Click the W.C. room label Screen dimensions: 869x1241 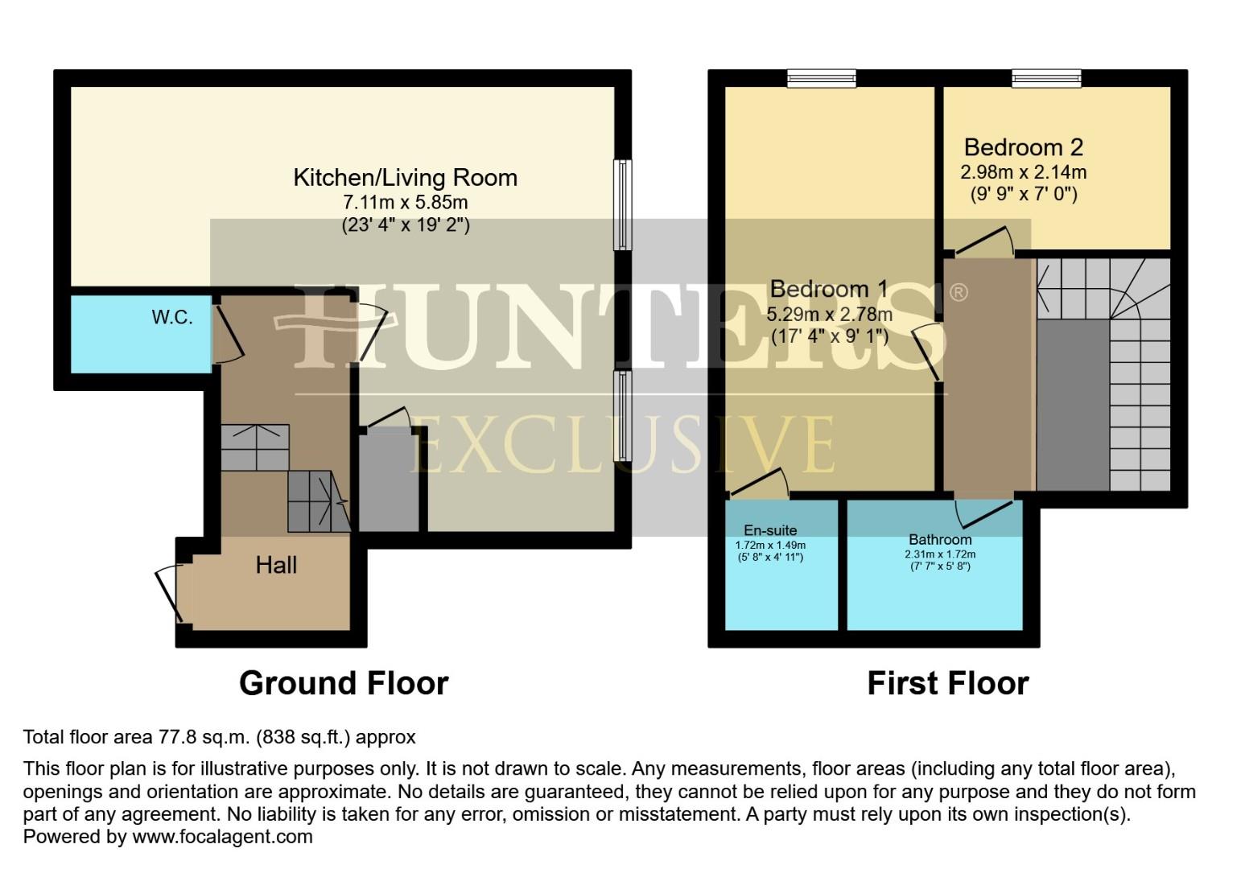(172, 317)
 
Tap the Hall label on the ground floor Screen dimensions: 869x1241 (276, 565)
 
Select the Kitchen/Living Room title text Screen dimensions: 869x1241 (405, 177)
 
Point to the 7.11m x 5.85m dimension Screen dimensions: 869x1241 (405, 202)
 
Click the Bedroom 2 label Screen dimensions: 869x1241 (1023, 147)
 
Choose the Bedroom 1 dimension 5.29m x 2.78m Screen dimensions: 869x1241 (829, 314)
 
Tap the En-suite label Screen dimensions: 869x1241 (770, 530)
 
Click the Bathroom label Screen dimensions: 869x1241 (940, 540)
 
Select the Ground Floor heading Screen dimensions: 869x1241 (344, 683)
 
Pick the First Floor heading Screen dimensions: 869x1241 (947, 683)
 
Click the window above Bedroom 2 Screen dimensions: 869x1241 (1046, 78)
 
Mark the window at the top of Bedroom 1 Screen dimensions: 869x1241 (821, 78)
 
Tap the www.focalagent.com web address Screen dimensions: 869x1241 (222, 837)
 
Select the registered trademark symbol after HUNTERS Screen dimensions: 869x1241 (958, 292)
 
